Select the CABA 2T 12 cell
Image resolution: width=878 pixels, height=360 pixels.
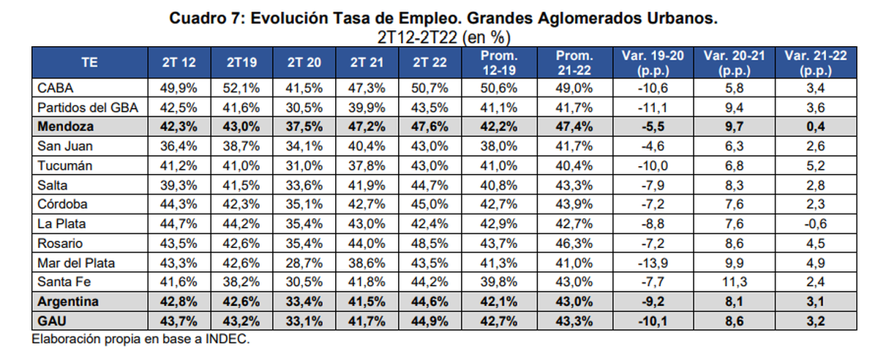click(179, 88)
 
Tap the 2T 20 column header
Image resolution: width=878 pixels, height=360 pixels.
click(304, 63)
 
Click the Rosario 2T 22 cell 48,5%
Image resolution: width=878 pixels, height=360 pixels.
click(429, 243)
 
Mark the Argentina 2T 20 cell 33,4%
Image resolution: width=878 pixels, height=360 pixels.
click(304, 301)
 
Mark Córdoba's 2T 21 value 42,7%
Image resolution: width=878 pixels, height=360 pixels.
click(367, 203)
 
